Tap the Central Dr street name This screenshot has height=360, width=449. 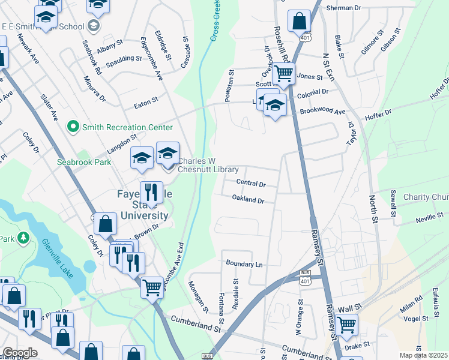pyautogui.click(x=250, y=182)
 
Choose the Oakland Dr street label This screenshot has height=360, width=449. pyautogui.click(x=248, y=200)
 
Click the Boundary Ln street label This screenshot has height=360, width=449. pyautogui.click(x=244, y=263)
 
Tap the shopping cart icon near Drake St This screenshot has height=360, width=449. pyautogui.click(x=347, y=325)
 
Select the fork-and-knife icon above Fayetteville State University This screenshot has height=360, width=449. pyautogui.click(x=151, y=193)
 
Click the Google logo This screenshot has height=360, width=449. pyautogui.click(x=19, y=353)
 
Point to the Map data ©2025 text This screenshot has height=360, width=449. pyautogui.click(x=423, y=355)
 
